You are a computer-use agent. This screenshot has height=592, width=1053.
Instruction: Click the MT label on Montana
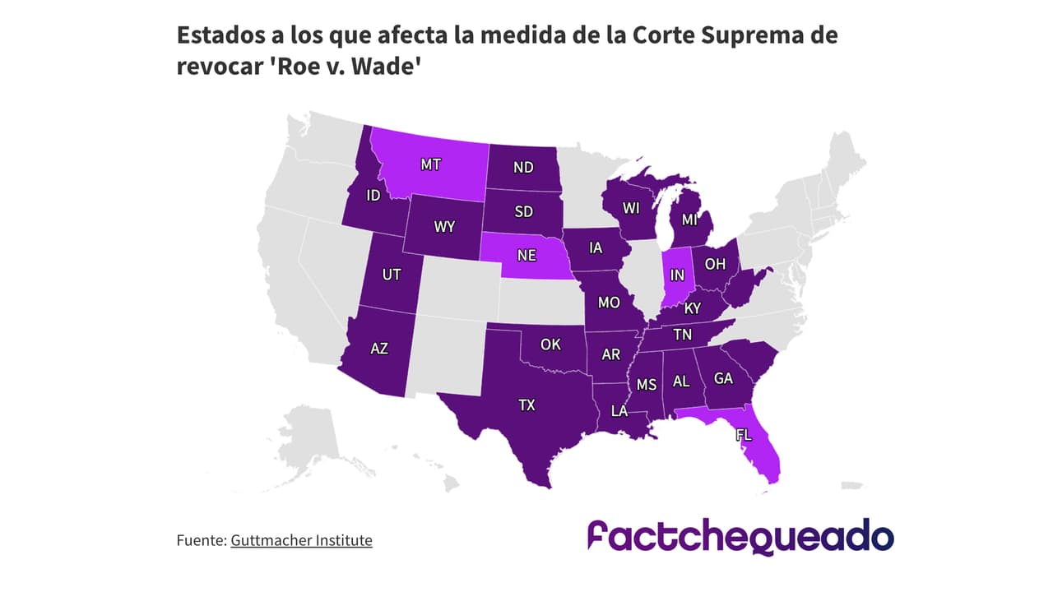point(430,164)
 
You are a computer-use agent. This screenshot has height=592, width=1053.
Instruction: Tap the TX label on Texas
point(526,405)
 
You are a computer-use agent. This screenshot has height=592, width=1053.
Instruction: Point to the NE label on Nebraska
point(526,255)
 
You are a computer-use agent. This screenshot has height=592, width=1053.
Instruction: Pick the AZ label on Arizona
point(378,348)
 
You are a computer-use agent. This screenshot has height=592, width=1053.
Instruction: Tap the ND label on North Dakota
point(523,167)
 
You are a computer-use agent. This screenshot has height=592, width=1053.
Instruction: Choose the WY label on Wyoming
point(444,226)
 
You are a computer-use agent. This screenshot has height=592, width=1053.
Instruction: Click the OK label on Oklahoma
point(550,344)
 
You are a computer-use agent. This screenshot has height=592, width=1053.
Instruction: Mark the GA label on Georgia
point(723,378)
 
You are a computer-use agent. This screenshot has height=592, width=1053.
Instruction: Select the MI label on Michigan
point(690,220)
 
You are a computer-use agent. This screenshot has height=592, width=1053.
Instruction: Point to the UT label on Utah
point(392,274)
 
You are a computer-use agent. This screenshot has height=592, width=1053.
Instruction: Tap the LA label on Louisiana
point(619,410)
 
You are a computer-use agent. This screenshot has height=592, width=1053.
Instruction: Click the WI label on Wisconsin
point(631,208)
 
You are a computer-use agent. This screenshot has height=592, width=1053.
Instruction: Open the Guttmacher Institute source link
point(301,540)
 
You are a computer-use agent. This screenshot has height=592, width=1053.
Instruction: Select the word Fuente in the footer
point(200,540)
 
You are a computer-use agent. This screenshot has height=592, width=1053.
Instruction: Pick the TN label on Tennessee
point(682,335)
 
